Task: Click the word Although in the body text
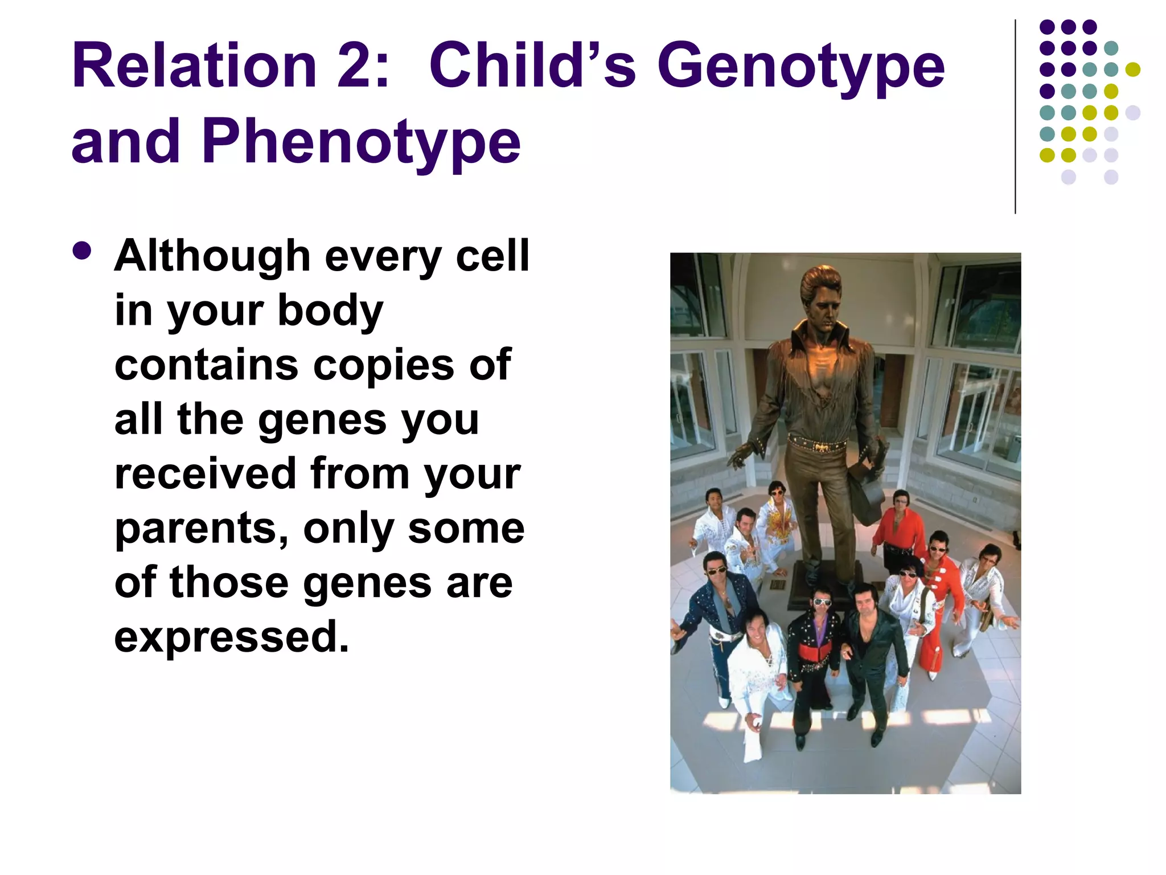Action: (x=212, y=256)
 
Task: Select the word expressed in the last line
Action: (x=231, y=637)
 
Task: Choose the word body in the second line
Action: (x=330, y=311)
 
